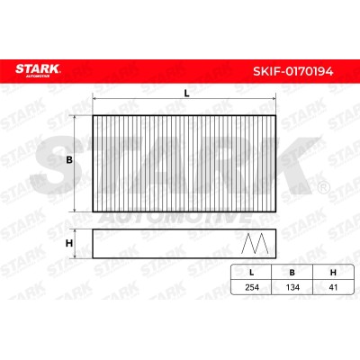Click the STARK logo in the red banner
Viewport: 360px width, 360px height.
tap(38, 70)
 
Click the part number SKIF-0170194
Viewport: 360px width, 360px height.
tap(292, 72)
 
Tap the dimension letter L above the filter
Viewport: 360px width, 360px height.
tap(186, 94)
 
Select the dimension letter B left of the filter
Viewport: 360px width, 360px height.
tap(69, 160)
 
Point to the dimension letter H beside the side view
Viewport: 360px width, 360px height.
tap(69, 243)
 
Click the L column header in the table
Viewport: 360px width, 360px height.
tap(252, 273)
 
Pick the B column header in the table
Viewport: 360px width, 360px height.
tap(292, 273)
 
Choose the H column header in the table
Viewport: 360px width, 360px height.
tap(333, 273)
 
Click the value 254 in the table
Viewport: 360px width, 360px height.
tap(252, 287)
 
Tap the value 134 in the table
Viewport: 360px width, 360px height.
tap(292, 287)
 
